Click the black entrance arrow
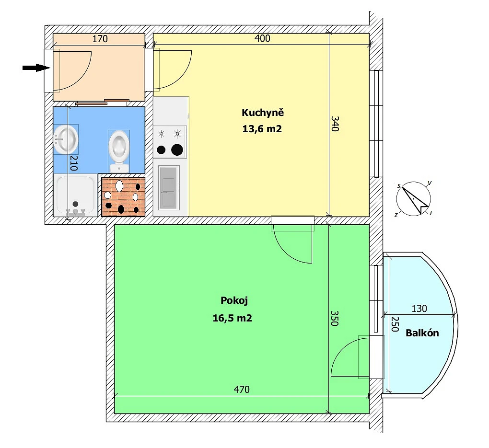pyautogui.click(x=36, y=68)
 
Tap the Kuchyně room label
pyautogui.click(x=263, y=113)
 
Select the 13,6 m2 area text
pyautogui.click(x=263, y=128)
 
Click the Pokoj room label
pyautogui.click(x=234, y=301)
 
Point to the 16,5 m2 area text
pyautogui.click(x=233, y=318)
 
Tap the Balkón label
pyautogui.click(x=422, y=333)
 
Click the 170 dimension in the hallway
pyautogui.click(x=100, y=39)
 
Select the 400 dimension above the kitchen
pyautogui.click(x=262, y=39)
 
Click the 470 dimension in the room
pyautogui.click(x=242, y=390)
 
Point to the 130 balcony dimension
pyautogui.click(x=419, y=309)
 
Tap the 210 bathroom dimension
pyautogui.click(x=74, y=163)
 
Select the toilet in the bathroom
pyautogui.click(x=118, y=148)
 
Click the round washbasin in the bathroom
pyautogui.click(x=66, y=139)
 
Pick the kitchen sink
pyautogui.click(x=169, y=187)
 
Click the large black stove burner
pyautogui.click(x=177, y=150)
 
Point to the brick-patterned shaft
pyautogui.click(x=123, y=196)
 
